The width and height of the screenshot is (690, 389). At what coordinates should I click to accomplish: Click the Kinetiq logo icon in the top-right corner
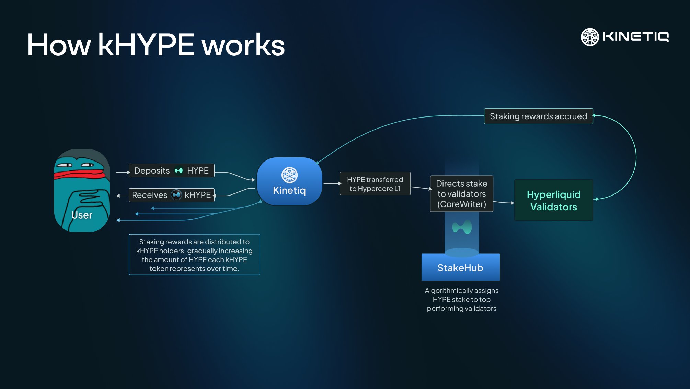click(x=589, y=37)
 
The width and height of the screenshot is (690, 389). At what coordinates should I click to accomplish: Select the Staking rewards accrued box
click(x=538, y=116)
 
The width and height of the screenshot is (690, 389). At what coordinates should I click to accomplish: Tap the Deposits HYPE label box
click(x=171, y=170)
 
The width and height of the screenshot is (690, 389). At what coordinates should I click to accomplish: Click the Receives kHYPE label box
click(x=171, y=195)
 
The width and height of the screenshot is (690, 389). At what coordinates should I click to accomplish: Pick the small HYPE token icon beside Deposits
click(x=179, y=170)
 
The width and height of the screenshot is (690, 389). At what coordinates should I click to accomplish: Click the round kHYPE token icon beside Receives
click(x=176, y=195)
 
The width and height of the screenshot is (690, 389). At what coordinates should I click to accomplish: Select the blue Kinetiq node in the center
click(x=289, y=181)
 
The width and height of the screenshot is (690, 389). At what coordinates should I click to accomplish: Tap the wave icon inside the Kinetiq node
click(x=289, y=175)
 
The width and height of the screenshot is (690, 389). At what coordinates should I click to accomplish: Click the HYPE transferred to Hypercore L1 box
click(x=375, y=184)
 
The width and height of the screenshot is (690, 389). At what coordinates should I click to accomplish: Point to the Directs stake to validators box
click(x=461, y=194)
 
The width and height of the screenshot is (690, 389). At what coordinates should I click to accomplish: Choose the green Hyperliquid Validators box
click(x=553, y=200)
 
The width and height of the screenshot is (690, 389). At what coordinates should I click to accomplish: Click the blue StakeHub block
click(x=460, y=268)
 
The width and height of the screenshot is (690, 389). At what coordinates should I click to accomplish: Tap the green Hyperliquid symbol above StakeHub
click(x=462, y=227)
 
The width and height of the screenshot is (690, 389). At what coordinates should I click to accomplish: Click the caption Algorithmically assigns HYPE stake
click(x=461, y=299)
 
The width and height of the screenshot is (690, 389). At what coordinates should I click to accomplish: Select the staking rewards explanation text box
click(x=194, y=255)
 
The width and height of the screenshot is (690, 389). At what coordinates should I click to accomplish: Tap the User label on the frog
click(x=82, y=215)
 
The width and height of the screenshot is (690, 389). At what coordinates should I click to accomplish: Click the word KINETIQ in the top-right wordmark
click(x=635, y=37)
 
